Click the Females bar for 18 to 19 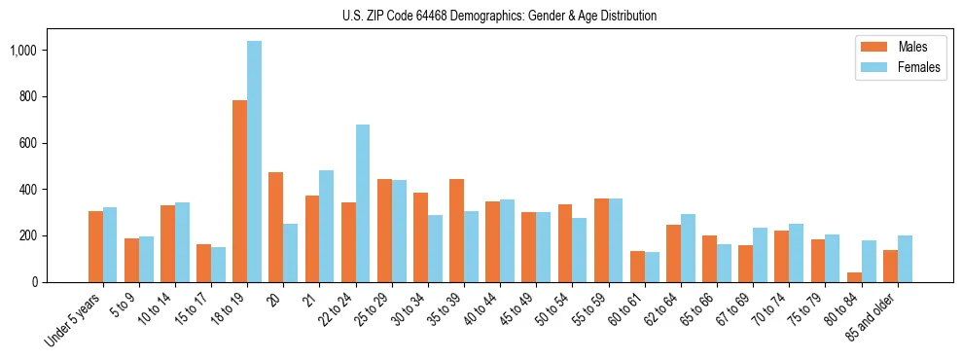[x=254, y=162]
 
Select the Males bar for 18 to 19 [x=240, y=191]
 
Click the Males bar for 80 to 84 [x=855, y=277]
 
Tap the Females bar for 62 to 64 [x=689, y=248]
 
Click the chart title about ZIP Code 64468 [x=499, y=16]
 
